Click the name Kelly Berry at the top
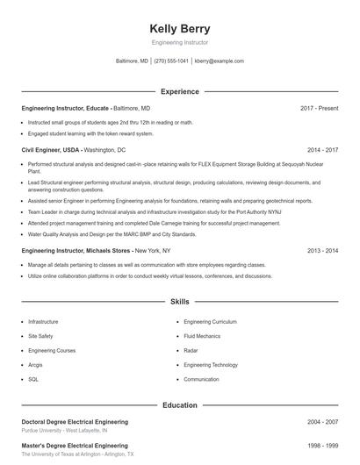180,29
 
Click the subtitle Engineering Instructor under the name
180,42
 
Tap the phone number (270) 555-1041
171,61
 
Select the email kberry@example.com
220,61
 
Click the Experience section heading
180,91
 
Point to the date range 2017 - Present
319,108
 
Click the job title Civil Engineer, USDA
52,150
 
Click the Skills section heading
180,301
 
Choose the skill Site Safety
40,336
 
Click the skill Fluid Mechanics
202,336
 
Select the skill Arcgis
36,365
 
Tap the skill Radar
191,350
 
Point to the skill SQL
33,379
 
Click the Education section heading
180,405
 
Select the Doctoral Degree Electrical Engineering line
75,422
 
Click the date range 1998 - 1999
322,446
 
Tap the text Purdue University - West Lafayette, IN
65,432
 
